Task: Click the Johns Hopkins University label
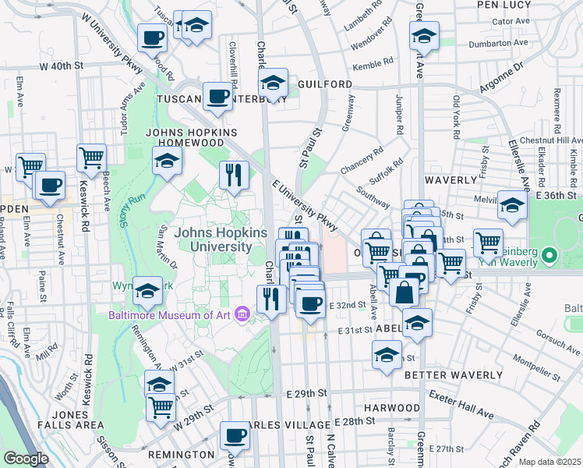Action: [221, 239]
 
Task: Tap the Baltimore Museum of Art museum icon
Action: [244, 315]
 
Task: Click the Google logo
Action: [26, 458]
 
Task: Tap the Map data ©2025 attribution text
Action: [549, 462]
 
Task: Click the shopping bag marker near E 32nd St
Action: [405, 294]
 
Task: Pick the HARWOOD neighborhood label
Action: [391, 408]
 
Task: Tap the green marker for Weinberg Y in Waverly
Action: [550, 255]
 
